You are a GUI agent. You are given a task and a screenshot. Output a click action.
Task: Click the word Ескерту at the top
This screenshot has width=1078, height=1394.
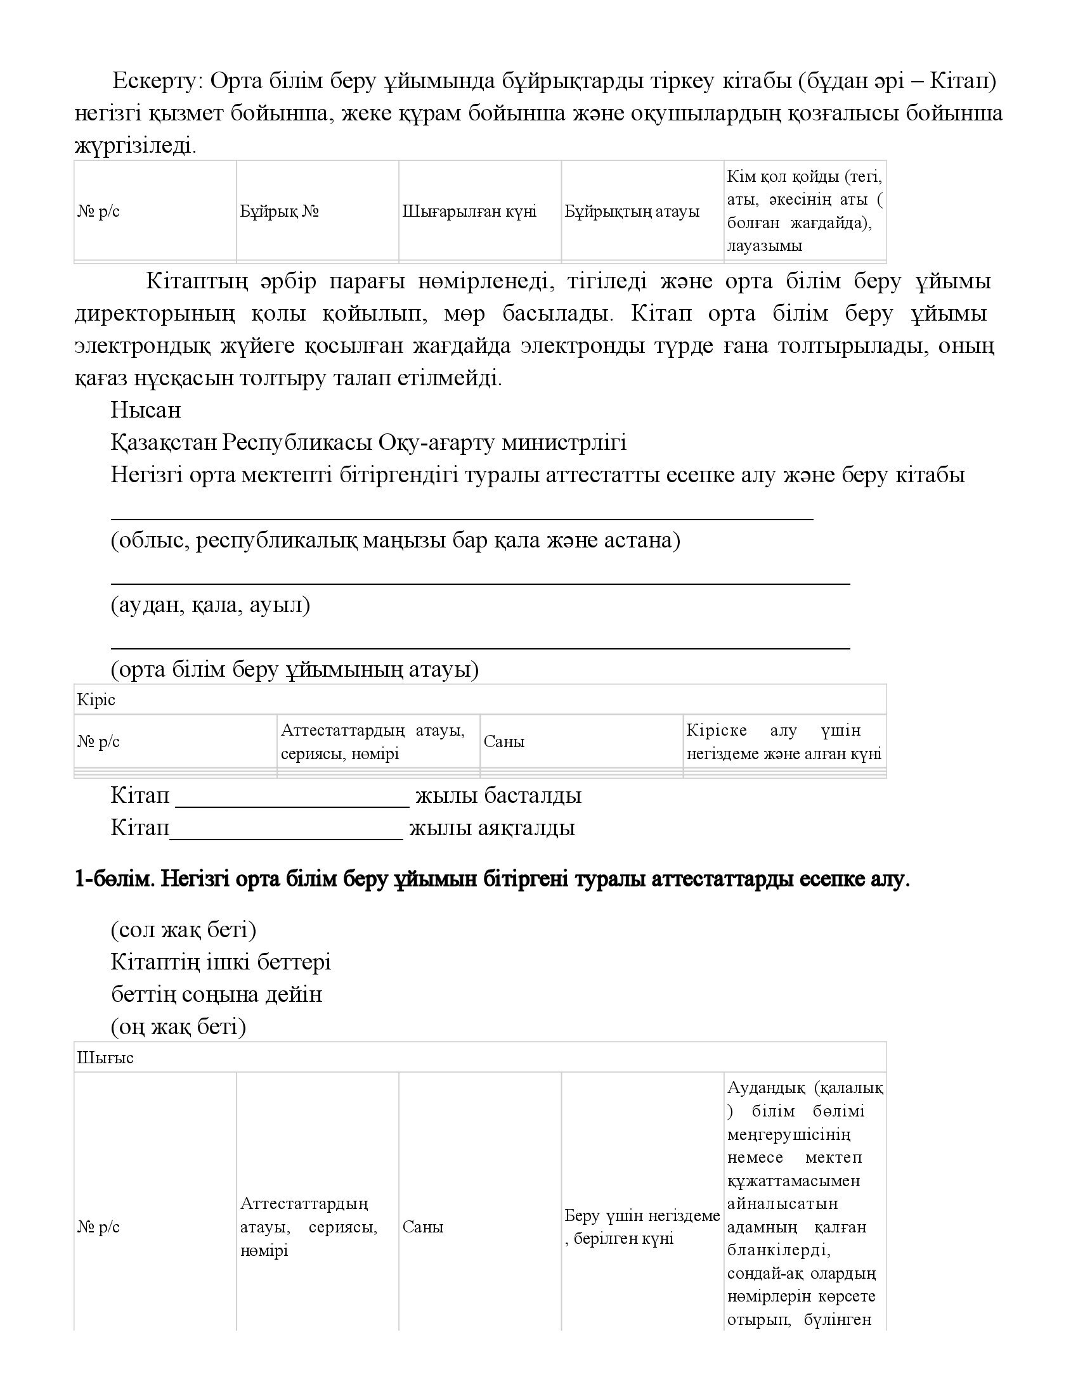pyautogui.click(x=157, y=82)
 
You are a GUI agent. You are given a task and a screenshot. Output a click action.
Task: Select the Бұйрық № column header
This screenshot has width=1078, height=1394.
pyautogui.click(x=279, y=211)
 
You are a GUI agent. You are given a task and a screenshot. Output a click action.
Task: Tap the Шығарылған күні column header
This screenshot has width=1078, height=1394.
pyautogui.click(x=469, y=211)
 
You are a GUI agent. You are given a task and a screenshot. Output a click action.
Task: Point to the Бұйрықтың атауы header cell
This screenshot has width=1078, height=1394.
pyautogui.click(x=632, y=211)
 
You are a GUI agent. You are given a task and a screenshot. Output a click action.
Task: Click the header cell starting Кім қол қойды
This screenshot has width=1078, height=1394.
pyautogui.click(x=804, y=210)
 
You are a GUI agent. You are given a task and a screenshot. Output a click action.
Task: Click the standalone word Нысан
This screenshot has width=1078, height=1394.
pyautogui.click(x=146, y=410)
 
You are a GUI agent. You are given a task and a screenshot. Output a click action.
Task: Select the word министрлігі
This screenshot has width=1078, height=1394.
pyautogui.click(x=564, y=442)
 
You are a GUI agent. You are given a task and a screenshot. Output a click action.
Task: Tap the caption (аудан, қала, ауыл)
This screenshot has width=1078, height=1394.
pyautogui.click(x=210, y=604)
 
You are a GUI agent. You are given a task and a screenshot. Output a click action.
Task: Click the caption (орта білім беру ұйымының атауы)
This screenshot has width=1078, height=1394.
pyautogui.click(x=294, y=669)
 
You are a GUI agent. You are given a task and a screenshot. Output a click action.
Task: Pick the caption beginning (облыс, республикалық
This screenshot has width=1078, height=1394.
pyautogui.click(x=395, y=540)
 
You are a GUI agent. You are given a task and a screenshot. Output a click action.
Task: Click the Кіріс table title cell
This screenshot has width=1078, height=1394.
pyautogui.click(x=96, y=700)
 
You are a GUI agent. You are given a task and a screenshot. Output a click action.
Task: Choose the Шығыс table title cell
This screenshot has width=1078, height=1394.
pyautogui.click(x=105, y=1058)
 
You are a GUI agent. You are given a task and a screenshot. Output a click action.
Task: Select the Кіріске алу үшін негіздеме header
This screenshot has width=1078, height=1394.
pyautogui.click(x=784, y=742)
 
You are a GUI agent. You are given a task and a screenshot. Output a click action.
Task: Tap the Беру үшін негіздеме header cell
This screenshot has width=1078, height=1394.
pyautogui.click(x=642, y=1227)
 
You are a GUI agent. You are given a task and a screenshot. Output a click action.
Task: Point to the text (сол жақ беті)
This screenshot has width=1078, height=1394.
pyautogui.click(x=183, y=930)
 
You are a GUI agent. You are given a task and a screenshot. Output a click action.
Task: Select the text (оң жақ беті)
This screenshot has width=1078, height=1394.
pyautogui.click(x=178, y=1027)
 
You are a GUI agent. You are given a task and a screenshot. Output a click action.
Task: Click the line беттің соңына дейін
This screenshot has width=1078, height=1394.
pyautogui.click(x=216, y=994)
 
